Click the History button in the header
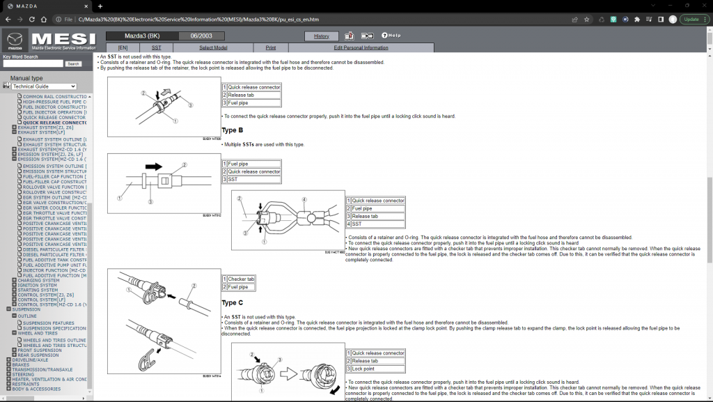(321, 36)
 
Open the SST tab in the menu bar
(157, 47)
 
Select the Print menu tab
(270, 47)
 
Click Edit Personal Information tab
(361, 47)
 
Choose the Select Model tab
(213, 47)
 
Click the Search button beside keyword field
(73, 63)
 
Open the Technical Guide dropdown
(44, 86)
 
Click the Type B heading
(233, 130)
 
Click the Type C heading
(233, 303)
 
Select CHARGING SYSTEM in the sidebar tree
(40, 280)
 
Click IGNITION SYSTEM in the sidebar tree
(38, 285)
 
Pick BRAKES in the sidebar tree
(20, 364)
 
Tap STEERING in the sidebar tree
(22, 374)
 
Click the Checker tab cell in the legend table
(241, 279)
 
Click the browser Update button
(691, 20)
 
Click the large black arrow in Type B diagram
(152, 167)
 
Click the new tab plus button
(100, 6)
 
